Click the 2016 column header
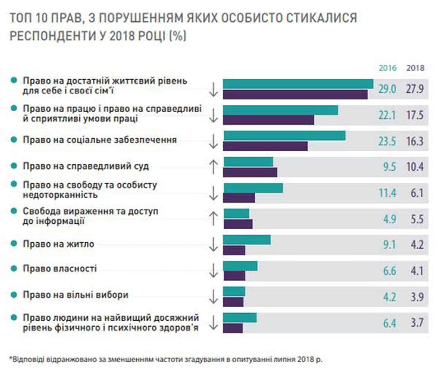(x=388, y=68)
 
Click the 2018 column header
(x=416, y=68)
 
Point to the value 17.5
(x=416, y=115)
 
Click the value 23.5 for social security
(x=388, y=142)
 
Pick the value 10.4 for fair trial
(x=416, y=167)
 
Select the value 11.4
(x=388, y=193)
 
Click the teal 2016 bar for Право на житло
(x=247, y=240)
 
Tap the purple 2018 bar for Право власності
(x=234, y=276)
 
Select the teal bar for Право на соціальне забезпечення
(x=284, y=136)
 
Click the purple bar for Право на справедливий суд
(x=250, y=173)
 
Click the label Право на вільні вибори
(x=75, y=294)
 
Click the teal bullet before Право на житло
(x=13, y=243)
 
